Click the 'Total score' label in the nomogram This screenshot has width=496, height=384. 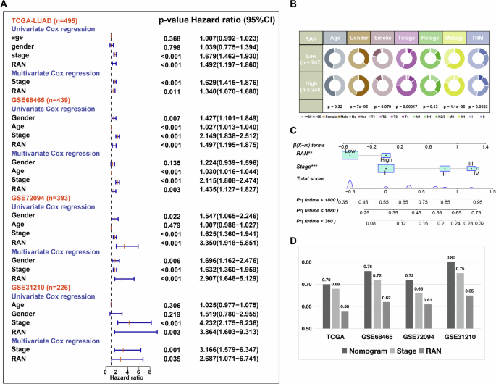tap(303, 178)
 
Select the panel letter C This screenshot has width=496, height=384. tap(292, 130)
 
